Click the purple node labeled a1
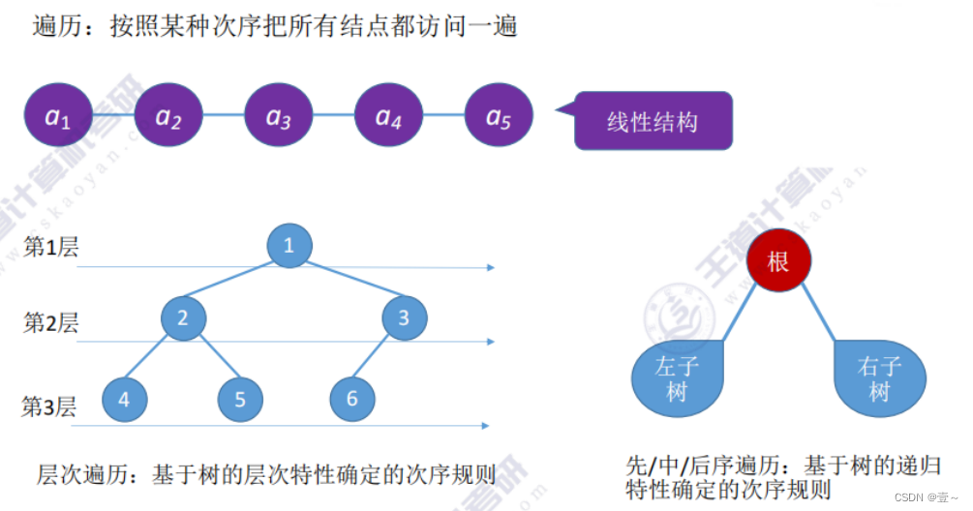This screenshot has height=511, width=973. tap(58, 116)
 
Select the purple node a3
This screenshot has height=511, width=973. tap(279, 116)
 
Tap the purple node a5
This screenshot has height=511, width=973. tap(498, 116)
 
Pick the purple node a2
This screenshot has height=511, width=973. tap(168, 116)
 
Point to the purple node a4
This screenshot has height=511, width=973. tap(388, 116)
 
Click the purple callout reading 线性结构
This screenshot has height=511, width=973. tap(654, 121)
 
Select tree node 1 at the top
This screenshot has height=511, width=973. tap(289, 245)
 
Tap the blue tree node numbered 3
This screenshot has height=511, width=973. tap(404, 317)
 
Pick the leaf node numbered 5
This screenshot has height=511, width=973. tap(240, 399)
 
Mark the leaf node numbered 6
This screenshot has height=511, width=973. tap(351, 399)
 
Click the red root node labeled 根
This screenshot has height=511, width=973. tap(778, 261)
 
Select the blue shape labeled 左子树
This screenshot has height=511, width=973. tap(678, 379)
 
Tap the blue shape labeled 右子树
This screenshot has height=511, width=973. tap(879, 379)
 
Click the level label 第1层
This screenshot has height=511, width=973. tap(50, 248)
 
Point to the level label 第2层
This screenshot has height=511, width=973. tap(50, 323)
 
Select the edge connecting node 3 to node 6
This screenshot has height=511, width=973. tap(377, 359)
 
